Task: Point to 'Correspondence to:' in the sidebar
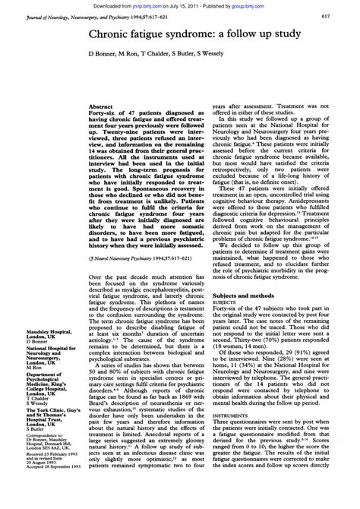click(28, 407)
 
